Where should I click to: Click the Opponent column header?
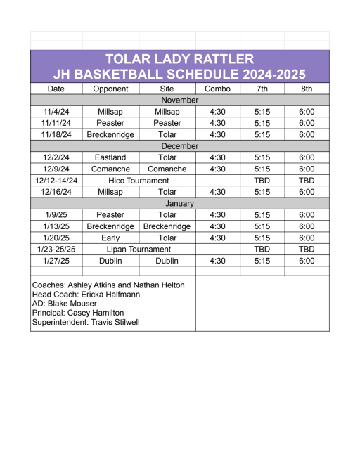click(x=110, y=89)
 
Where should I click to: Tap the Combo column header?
click(x=217, y=89)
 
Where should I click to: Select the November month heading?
click(x=179, y=101)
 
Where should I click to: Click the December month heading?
click(x=179, y=146)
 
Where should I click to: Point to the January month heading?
click(x=179, y=204)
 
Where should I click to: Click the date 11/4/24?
click(x=56, y=112)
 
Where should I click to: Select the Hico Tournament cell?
click(x=139, y=181)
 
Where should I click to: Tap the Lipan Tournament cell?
click(x=139, y=250)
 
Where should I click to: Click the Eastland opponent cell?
click(x=110, y=157)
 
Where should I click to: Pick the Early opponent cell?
click(x=110, y=238)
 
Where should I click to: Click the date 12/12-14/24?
click(x=56, y=181)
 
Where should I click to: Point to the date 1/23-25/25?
click(x=56, y=250)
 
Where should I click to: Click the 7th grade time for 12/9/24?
click(x=262, y=169)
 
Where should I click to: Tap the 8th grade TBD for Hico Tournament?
click(x=307, y=181)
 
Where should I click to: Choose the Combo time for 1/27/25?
click(x=217, y=261)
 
